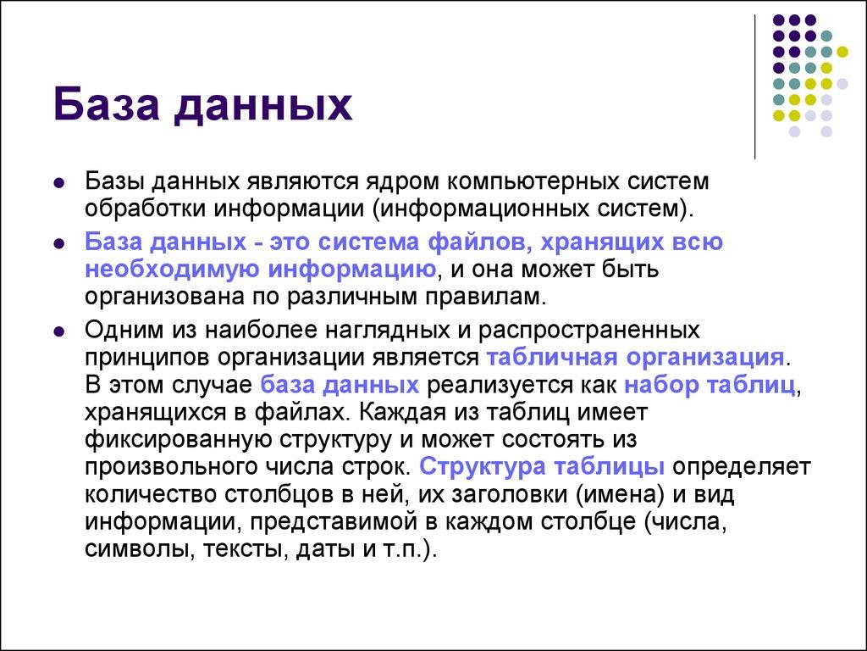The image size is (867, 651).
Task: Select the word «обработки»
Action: pos(141,207)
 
